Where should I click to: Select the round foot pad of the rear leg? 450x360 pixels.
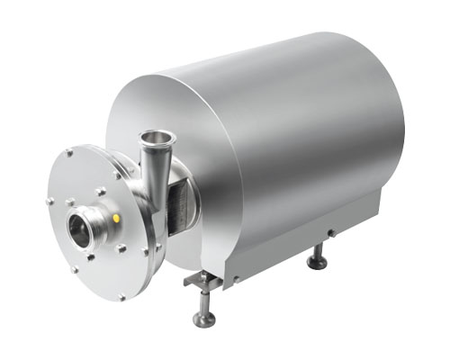coord(317,264)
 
